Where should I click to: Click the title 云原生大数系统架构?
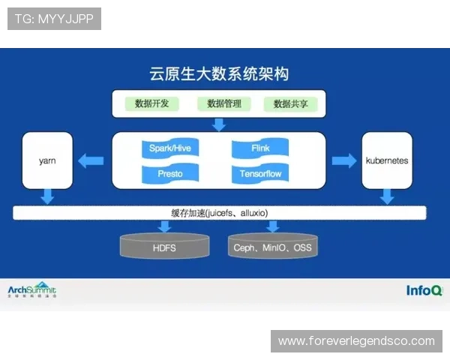(x=219, y=74)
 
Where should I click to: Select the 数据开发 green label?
(x=151, y=103)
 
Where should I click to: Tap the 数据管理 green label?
(x=220, y=103)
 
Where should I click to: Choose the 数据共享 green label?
(x=290, y=103)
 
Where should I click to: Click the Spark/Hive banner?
(x=170, y=148)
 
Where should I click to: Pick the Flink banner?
(x=260, y=148)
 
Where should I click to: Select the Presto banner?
(x=170, y=174)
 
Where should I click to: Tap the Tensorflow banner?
(x=260, y=174)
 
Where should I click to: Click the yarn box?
(x=48, y=160)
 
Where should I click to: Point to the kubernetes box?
(x=387, y=160)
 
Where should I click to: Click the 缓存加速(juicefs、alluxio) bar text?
(x=219, y=212)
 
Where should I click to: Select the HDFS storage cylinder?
(x=165, y=245)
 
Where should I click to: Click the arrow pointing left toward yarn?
(x=91, y=160)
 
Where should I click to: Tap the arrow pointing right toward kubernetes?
(x=344, y=160)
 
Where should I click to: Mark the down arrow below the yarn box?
(x=48, y=196)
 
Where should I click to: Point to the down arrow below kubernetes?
(x=387, y=196)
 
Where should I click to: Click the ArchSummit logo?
(x=31, y=290)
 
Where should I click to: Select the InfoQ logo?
(x=424, y=290)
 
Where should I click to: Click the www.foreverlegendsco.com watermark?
(x=356, y=341)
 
